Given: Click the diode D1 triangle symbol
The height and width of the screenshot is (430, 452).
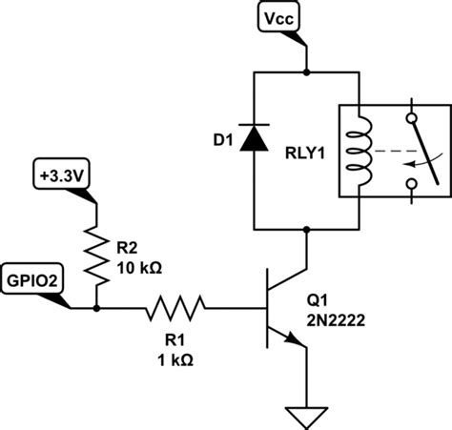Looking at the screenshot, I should coord(252,140).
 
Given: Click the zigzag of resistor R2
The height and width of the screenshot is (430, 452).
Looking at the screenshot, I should coord(96,255).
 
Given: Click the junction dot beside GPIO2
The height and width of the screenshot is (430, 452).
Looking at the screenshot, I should coord(96,308).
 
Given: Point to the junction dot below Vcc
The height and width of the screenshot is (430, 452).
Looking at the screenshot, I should coord(307,72).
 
